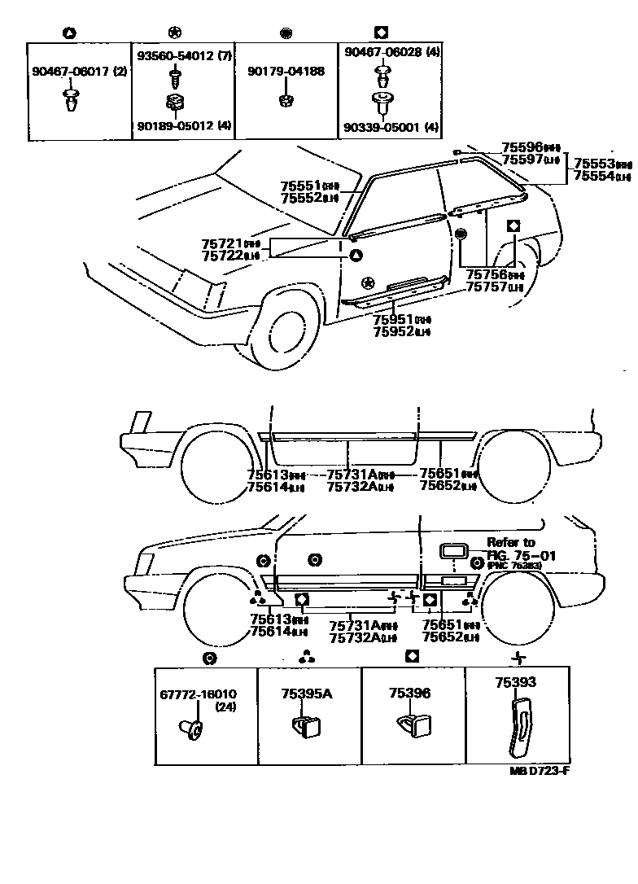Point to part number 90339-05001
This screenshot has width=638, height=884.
coord(383,127)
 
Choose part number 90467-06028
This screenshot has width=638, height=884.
coord(382,52)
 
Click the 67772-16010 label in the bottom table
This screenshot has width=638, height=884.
coord(198,694)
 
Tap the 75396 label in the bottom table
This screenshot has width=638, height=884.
coord(409,694)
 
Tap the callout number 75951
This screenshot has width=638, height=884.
coord(393,320)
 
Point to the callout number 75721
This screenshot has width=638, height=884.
coord(221,243)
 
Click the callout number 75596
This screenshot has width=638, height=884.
coord(522,147)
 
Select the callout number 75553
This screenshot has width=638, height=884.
coord(593,164)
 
